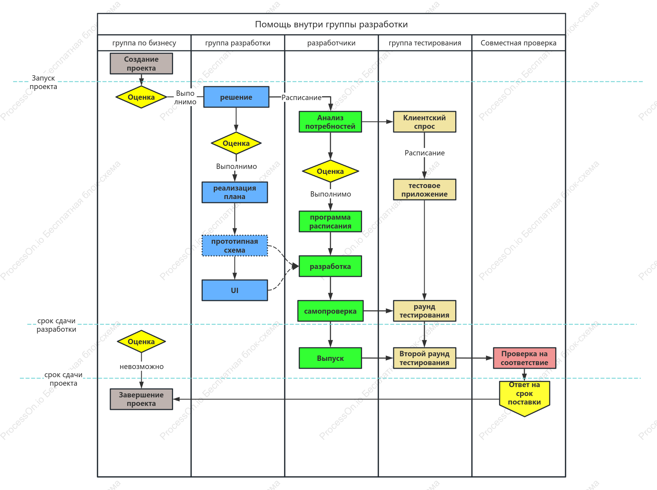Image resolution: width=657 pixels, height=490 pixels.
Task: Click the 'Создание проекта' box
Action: (141, 64)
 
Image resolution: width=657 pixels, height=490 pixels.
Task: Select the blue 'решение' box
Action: (236, 97)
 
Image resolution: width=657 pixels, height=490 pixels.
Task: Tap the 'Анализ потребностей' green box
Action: (330, 122)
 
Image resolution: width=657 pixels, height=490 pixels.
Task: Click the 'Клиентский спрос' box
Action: (424, 122)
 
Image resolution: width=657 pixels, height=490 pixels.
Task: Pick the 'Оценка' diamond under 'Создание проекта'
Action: (141, 97)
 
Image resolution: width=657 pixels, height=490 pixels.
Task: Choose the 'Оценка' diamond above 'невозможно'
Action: (141, 341)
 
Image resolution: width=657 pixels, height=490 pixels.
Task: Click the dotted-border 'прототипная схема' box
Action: (235, 246)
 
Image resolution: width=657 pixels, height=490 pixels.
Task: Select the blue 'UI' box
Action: (235, 290)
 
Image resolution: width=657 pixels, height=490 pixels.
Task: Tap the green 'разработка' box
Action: (330, 266)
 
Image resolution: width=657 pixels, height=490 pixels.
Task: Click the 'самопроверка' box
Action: (330, 311)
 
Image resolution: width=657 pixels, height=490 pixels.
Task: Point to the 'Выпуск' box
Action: (330, 358)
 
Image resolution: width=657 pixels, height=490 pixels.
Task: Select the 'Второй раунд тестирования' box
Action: (424, 358)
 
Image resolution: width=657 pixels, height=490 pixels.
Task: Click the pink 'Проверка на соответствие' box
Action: (524, 358)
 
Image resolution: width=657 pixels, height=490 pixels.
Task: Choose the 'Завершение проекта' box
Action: (141, 399)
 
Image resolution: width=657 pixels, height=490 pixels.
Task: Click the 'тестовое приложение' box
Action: (424, 189)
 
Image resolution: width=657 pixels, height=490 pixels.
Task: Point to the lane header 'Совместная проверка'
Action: (518, 43)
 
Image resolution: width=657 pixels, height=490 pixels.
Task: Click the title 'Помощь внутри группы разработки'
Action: (332, 24)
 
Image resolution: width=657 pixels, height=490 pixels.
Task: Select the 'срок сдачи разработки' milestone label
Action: (56, 325)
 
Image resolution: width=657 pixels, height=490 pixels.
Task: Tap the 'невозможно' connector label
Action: (141, 367)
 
